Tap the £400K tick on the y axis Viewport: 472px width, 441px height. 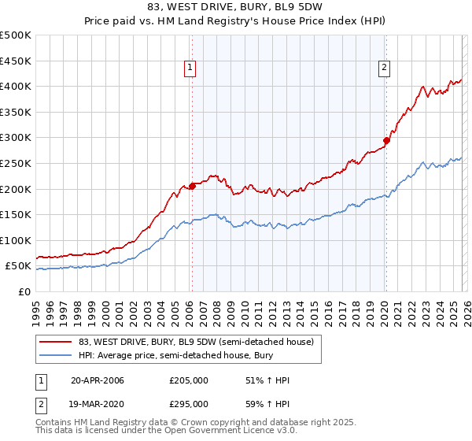point(16,86)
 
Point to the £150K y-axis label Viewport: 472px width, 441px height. point(16,214)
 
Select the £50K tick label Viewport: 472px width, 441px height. point(18,266)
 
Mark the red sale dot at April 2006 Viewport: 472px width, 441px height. point(192,187)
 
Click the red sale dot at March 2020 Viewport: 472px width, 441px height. point(386,141)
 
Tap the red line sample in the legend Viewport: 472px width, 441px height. point(57,342)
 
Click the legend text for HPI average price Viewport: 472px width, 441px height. point(172,355)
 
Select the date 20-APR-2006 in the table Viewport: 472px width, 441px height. point(97,380)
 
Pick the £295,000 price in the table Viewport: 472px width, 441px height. point(189,403)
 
